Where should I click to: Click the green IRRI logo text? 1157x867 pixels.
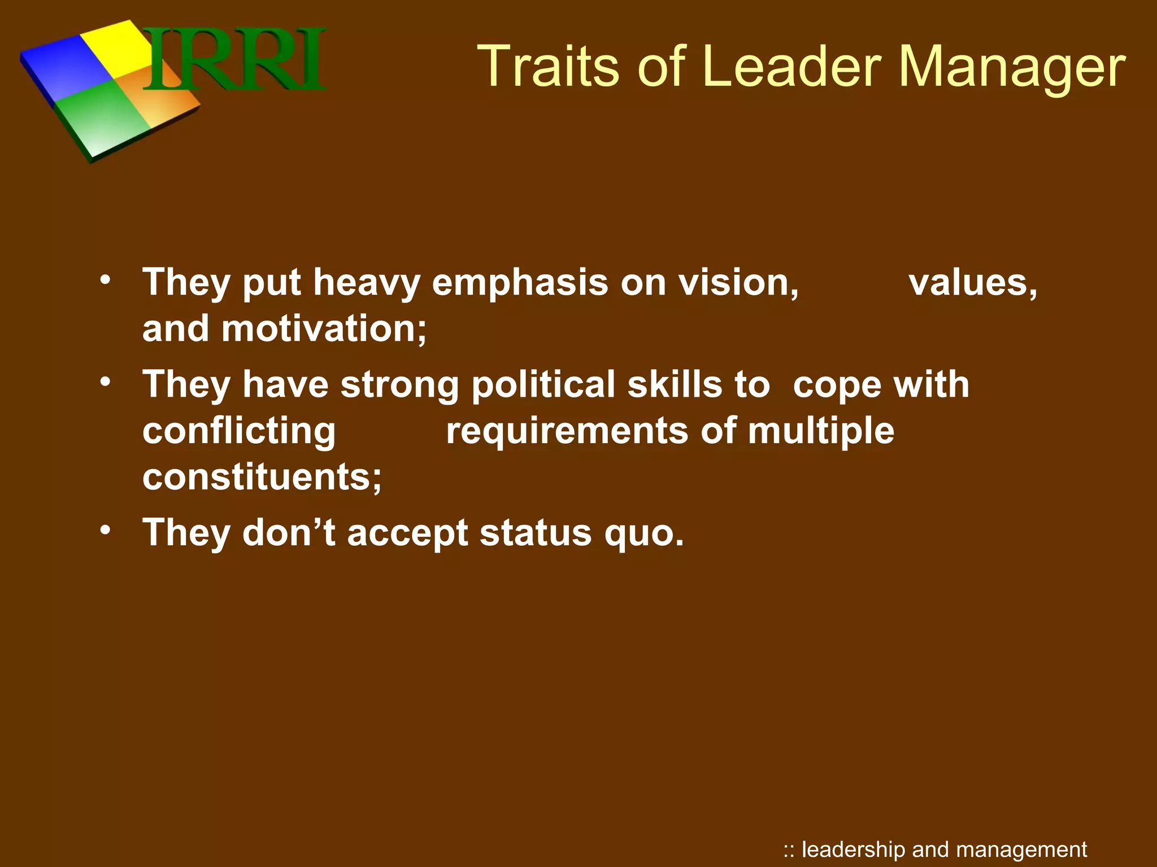pyautogui.click(x=234, y=59)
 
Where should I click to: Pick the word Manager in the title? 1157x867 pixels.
pyautogui.click(x=1011, y=68)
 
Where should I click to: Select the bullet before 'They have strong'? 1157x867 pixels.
pyautogui.click(x=105, y=382)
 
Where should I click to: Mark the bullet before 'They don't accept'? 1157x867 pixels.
pyautogui.click(x=105, y=531)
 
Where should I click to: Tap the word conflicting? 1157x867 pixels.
pyautogui.click(x=239, y=432)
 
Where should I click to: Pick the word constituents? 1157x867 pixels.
pyautogui.click(x=262, y=477)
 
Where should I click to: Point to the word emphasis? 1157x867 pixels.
pyautogui.click(x=520, y=283)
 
